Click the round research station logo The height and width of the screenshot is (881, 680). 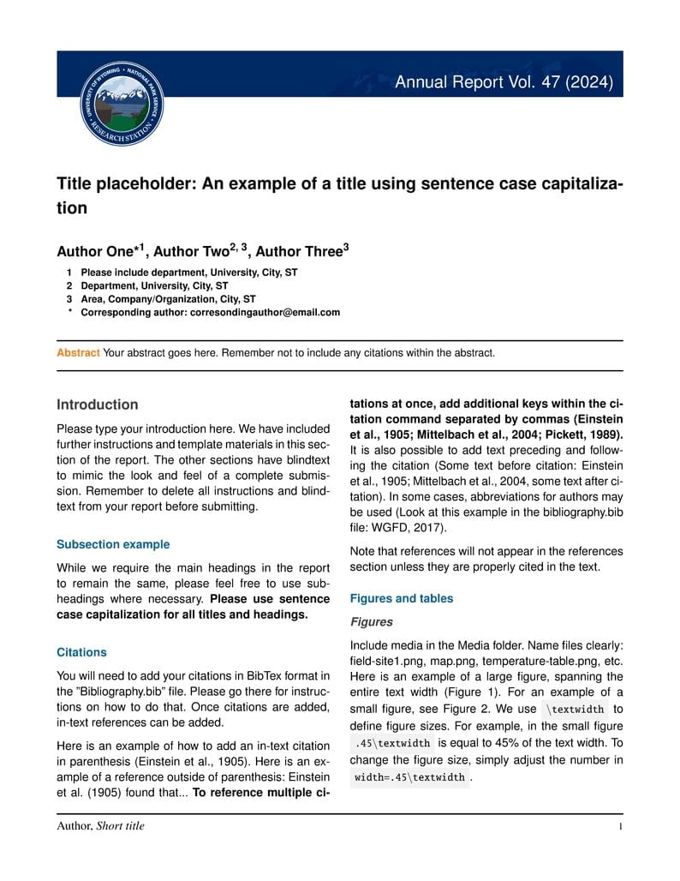pyautogui.click(x=121, y=104)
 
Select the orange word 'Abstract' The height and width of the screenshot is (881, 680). pyautogui.click(x=78, y=352)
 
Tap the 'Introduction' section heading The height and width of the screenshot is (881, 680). pyautogui.click(x=97, y=405)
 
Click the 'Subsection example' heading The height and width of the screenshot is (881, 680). pyautogui.click(x=112, y=544)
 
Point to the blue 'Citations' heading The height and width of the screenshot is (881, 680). pyautogui.click(x=81, y=652)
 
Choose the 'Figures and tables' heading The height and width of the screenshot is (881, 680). pyautogui.click(x=402, y=598)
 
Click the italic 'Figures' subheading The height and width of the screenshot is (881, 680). pyautogui.click(x=372, y=622)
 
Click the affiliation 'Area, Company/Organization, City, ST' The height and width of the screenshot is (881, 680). pyautogui.click(x=168, y=299)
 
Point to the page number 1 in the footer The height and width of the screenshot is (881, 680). pyautogui.click(x=618, y=827)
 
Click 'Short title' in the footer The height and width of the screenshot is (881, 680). pyautogui.click(x=121, y=827)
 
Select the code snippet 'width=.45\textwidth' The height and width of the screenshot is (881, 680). pyautogui.click(x=410, y=777)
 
